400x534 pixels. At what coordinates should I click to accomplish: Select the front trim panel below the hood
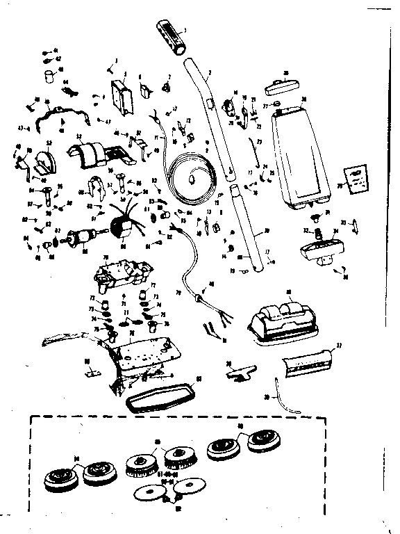tap(306, 361)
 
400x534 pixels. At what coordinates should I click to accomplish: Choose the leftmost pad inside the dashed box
tap(58, 477)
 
